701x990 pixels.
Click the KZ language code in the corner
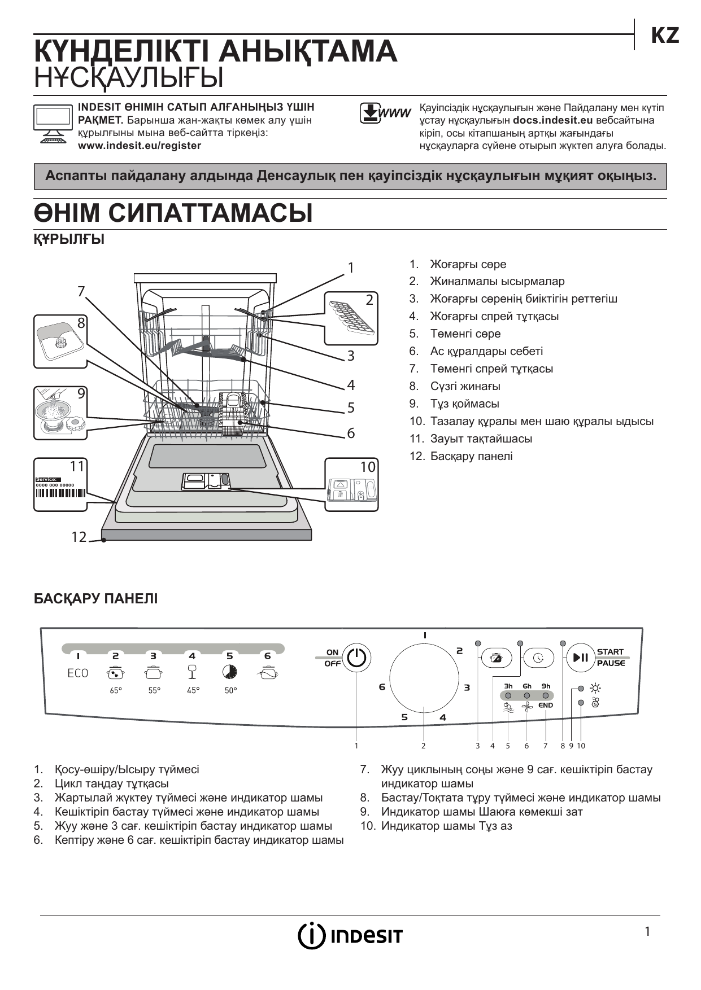(x=665, y=36)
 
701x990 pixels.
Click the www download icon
(x=385, y=113)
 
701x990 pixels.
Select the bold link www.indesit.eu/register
(x=139, y=146)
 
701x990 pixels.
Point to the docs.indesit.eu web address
(x=552, y=120)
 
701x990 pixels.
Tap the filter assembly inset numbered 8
(x=60, y=341)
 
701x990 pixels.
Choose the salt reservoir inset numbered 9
(x=60, y=413)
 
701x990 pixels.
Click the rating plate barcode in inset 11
(x=60, y=492)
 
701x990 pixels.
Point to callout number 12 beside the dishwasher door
(x=79, y=537)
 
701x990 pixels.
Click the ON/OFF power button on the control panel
(x=356, y=658)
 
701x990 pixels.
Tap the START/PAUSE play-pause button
(x=581, y=658)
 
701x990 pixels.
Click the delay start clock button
(x=539, y=658)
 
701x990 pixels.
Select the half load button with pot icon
(x=497, y=658)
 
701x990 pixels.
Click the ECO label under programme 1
(x=78, y=673)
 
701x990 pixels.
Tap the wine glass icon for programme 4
(x=192, y=672)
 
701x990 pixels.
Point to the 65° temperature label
(x=116, y=690)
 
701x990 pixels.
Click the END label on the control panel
(x=546, y=706)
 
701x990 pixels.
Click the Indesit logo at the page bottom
(x=350, y=936)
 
